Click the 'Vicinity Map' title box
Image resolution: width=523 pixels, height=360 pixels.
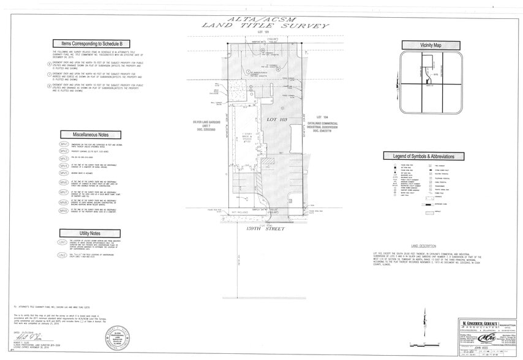(x=431, y=45)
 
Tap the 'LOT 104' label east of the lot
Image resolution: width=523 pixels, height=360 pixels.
(x=323, y=117)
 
